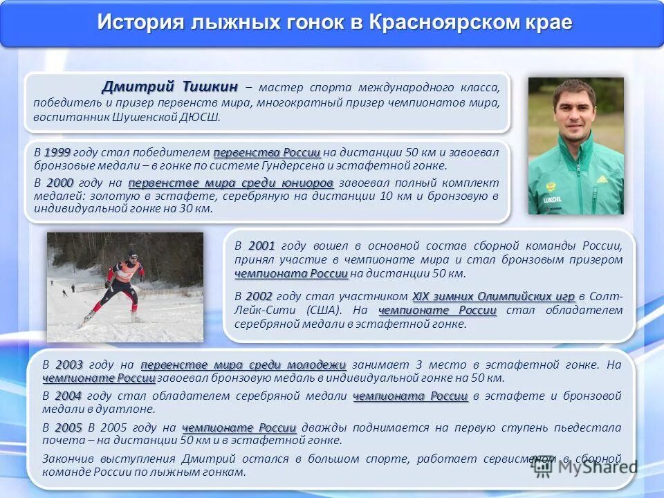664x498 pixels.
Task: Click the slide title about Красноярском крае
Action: click(334, 22)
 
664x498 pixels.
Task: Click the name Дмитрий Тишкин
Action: click(169, 86)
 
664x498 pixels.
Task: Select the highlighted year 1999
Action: click(57, 152)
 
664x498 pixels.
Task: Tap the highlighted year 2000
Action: click(60, 183)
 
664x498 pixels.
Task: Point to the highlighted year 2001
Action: click(261, 246)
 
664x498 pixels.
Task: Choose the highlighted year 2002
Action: click(259, 296)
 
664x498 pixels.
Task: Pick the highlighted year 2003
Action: click(69, 365)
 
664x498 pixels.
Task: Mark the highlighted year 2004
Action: click(68, 396)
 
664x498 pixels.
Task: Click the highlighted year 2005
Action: click(68, 427)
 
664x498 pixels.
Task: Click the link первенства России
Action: click(267, 152)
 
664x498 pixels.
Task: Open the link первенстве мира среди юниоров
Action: click(231, 183)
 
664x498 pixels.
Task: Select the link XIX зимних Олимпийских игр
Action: click(494, 296)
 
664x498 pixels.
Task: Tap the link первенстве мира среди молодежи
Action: click(243, 365)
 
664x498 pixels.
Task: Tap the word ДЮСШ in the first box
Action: click(201, 117)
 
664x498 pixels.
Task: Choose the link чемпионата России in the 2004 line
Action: click(411, 396)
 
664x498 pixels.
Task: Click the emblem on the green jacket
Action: click(551, 186)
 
